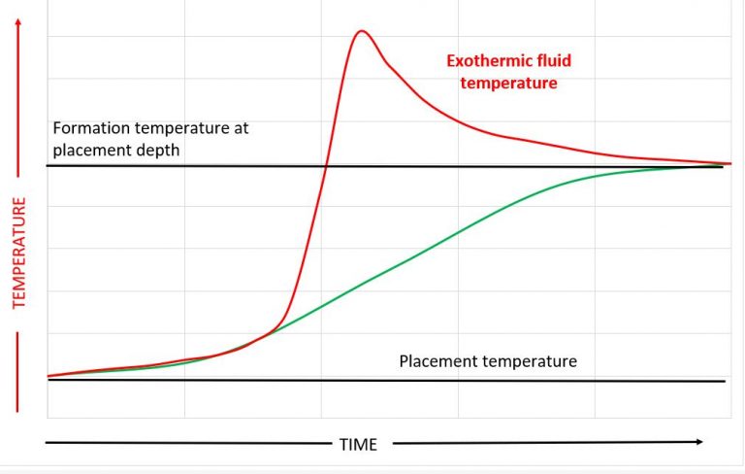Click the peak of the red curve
361,31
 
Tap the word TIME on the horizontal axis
358,444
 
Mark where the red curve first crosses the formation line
324,166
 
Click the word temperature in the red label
508,84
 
